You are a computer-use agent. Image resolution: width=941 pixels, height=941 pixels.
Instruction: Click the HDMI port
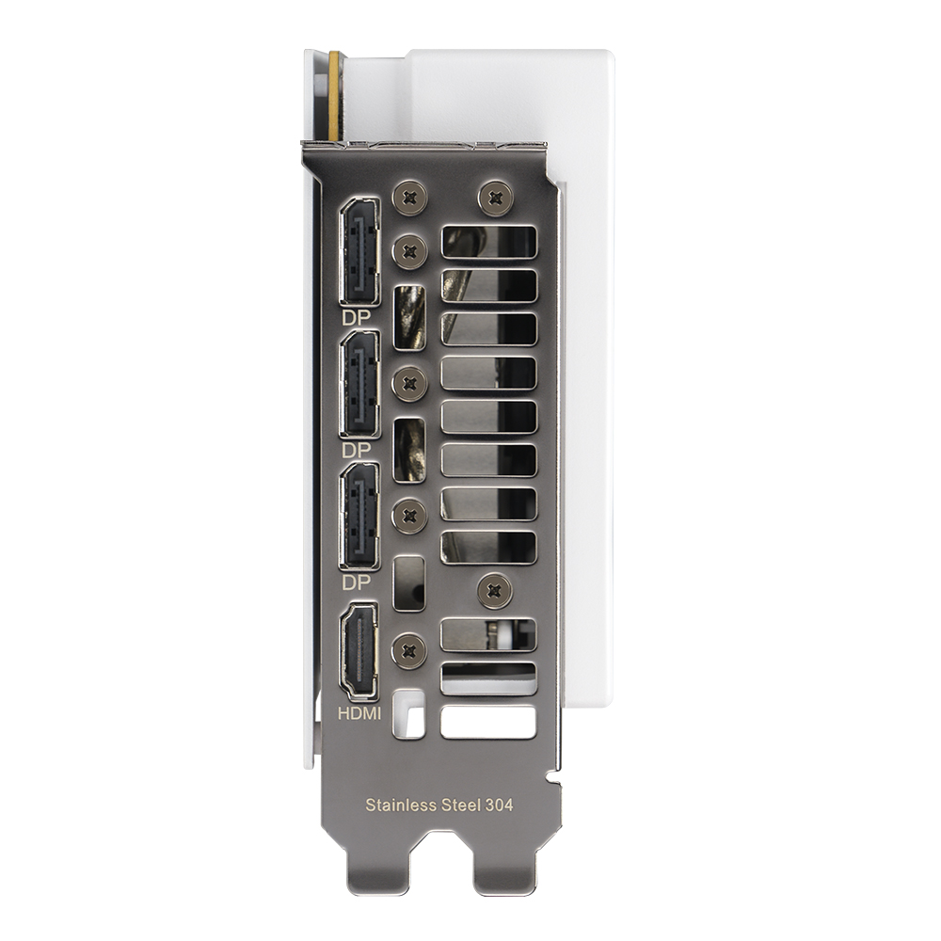(359, 652)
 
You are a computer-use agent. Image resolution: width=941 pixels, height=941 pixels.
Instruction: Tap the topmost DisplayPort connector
(359, 251)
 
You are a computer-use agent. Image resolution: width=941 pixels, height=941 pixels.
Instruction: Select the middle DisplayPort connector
(359, 384)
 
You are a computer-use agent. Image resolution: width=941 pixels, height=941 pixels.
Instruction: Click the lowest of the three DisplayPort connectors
(359, 516)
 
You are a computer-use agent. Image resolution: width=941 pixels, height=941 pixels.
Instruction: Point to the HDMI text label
(359, 713)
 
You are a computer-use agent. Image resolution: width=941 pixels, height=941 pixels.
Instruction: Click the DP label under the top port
(357, 318)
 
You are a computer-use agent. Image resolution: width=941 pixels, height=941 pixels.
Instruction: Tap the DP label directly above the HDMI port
(357, 582)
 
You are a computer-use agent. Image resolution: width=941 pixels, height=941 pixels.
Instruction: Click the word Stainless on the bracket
(401, 805)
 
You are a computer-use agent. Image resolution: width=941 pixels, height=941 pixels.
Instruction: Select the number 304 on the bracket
(500, 805)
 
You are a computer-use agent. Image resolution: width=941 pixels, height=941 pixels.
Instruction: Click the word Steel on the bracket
(460, 805)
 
